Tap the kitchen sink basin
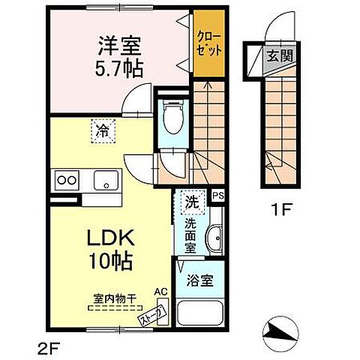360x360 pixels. [106, 180]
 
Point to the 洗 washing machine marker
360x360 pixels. [191, 201]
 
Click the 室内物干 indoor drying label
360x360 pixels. [115, 298]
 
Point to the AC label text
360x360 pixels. [159, 292]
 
